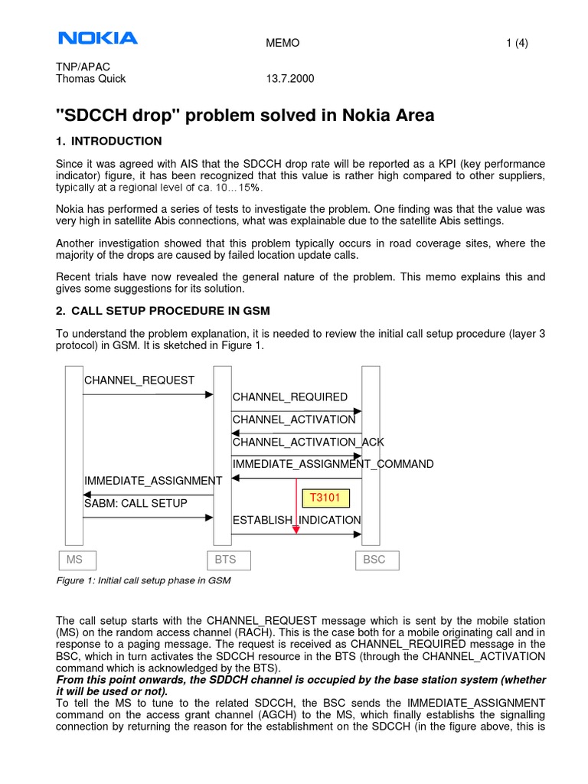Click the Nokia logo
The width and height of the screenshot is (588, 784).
(x=97, y=38)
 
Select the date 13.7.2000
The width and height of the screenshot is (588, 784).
(x=288, y=79)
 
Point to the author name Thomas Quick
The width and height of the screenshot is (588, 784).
(x=91, y=79)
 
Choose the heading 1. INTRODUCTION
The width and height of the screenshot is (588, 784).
(x=109, y=141)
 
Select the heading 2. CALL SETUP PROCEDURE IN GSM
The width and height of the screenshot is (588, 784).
(x=163, y=310)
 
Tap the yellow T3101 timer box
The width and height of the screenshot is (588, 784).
(x=325, y=498)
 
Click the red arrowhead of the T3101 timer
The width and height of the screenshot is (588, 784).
(x=296, y=529)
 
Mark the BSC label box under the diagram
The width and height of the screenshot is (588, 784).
(x=374, y=560)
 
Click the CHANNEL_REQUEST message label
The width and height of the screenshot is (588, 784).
(x=139, y=381)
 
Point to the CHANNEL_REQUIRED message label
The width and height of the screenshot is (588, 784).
(x=289, y=397)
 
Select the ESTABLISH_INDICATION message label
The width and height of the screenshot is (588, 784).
(x=296, y=520)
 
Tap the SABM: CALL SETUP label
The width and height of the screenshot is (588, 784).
(x=136, y=503)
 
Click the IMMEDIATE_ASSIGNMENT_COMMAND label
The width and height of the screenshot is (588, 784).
(x=333, y=464)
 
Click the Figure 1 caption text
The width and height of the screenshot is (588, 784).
(x=144, y=581)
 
